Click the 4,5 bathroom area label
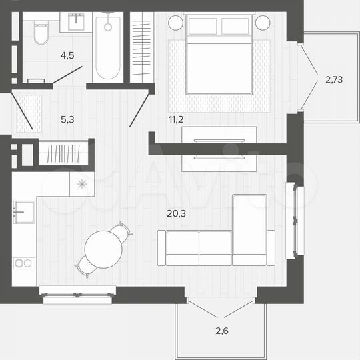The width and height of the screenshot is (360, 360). [x=67, y=56]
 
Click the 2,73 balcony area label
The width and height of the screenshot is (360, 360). [x=335, y=80]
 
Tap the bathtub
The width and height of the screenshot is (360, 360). [x=107, y=50]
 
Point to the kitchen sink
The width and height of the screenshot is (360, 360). [x=23, y=212]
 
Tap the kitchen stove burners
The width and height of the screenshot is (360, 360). [x=23, y=263]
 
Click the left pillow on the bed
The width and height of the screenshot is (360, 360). [x=204, y=27]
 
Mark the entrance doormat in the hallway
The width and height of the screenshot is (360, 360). [x=29, y=111]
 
